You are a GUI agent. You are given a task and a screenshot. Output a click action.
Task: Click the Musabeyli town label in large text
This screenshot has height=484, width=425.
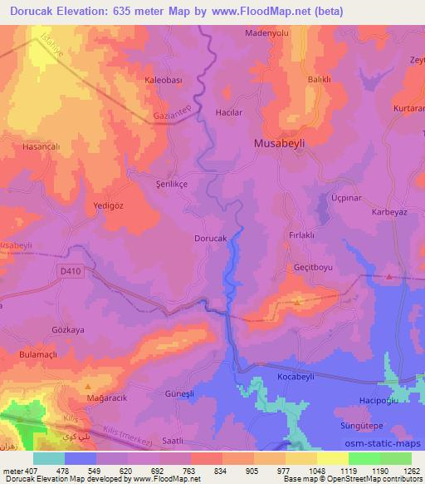click(278, 143)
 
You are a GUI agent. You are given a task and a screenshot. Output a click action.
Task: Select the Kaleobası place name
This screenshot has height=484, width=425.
click(163, 81)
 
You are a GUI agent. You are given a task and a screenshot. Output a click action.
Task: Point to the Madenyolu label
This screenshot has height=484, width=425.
click(266, 34)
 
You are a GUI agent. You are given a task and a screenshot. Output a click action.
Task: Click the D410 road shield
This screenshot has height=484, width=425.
click(72, 271)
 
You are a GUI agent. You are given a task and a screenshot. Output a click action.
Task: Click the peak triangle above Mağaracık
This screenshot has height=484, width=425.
click(88, 387)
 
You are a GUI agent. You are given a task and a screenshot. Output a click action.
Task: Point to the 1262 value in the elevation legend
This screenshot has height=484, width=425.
click(412, 471)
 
